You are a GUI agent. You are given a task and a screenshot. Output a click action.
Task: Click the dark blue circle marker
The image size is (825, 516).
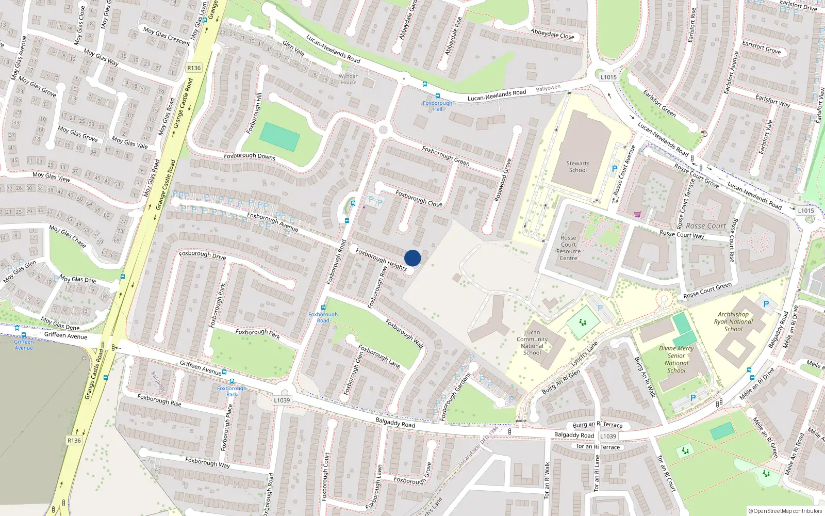(412, 258)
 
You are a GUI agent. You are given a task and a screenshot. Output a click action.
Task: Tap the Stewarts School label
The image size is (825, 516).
(578, 167)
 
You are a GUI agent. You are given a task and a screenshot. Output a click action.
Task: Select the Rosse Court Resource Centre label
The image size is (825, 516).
(568, 248)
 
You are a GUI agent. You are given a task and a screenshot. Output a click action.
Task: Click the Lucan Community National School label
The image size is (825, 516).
(532, 343)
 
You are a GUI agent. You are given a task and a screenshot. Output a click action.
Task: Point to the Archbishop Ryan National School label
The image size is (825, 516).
(733, 321)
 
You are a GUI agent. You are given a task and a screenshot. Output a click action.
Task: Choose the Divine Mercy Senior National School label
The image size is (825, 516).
(676, 359)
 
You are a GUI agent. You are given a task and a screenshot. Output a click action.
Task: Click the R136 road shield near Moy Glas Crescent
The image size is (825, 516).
(194, 68)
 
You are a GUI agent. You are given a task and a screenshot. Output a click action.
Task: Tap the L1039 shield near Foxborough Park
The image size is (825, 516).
(282, 400)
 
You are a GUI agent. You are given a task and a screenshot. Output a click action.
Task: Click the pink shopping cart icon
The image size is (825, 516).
(637, 214)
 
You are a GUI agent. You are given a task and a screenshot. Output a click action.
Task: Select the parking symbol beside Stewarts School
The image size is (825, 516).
(614, 169)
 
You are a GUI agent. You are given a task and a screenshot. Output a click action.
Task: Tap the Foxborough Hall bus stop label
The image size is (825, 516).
(437, 106)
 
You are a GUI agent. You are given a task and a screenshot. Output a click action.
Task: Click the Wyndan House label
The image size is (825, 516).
(349, 79)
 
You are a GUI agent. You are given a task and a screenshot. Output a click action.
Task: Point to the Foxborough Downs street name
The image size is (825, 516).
(250, 156)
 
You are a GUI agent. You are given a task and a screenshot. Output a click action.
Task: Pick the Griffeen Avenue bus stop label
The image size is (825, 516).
(24, 345)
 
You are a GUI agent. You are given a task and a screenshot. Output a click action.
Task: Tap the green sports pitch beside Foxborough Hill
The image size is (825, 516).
(279, 137)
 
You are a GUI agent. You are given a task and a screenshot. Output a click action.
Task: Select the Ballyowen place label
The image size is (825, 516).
(548, 88)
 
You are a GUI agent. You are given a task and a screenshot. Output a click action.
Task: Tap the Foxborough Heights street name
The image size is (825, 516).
(381, 260)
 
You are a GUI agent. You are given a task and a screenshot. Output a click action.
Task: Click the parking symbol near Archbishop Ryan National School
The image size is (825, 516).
(766, 304)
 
